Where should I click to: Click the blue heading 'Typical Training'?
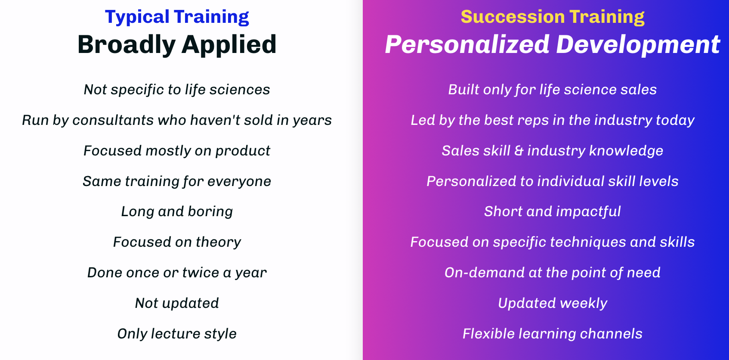(177, 17)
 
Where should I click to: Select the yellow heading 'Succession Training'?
(553, 17)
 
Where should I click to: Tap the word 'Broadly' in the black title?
(127, 44)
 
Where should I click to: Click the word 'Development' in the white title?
(638, 44)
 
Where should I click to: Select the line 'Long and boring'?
(177, 211)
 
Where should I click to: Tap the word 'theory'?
(219, 242)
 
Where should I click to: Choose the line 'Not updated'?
(177, 303)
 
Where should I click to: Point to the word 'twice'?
(201, 273)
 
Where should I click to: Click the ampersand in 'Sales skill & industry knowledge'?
(519, 151)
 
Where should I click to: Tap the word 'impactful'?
(588, 211)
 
